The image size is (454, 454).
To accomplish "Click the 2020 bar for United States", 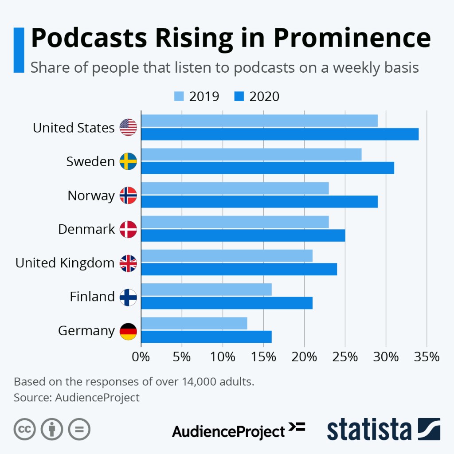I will (x=279, y=134).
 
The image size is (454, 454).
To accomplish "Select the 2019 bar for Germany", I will (x=194, y=323).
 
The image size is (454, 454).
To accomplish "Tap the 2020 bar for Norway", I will (x=259, y=201).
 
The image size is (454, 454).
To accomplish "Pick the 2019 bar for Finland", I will (x=206, y=290).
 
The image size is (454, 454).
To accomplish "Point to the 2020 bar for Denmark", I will (x=243, y=235).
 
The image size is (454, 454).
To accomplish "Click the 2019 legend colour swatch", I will (x=179, y=96).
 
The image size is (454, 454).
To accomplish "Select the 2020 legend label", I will (x=265, y=96).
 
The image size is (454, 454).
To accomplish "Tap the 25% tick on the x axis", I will (x=345, y=356).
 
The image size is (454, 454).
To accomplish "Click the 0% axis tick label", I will (x=141, y=356).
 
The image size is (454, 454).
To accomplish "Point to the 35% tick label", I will (x=427, y=356).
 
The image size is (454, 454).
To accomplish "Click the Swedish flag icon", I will (x=129, y=161).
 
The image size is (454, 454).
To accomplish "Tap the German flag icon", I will (x=129, y=331).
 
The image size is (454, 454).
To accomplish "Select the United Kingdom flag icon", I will (x=129, y=263).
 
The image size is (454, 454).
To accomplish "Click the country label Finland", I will (x=92, y=297).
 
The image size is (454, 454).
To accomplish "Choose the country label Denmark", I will (x=86, y=229).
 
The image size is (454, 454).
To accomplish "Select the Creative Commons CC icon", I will (x=25, y=429).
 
